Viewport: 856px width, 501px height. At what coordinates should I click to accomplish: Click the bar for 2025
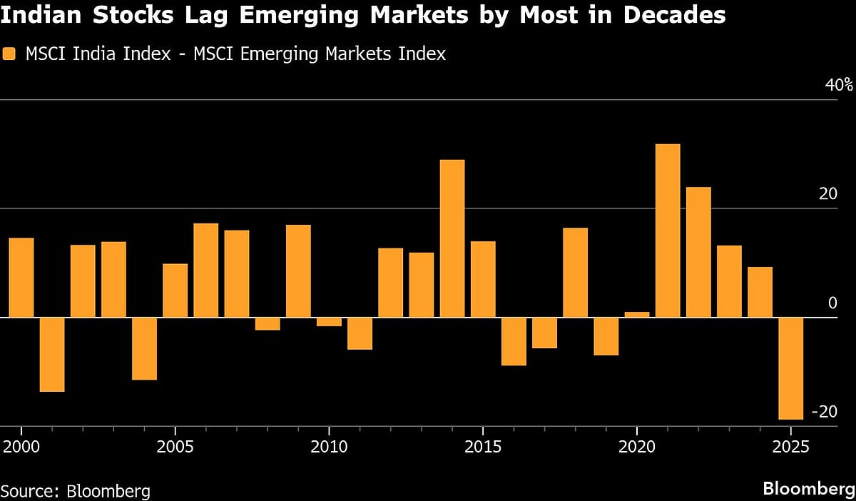coord(790,368)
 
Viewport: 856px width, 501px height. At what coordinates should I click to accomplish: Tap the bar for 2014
coord(452,238)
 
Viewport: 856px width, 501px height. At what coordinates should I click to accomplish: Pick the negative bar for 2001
coord(52,354)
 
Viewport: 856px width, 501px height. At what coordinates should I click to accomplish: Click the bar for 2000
coord(21,278)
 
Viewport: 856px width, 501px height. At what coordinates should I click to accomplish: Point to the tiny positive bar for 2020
coord(637,314)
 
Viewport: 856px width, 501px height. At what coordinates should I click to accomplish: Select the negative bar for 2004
coord(144,348)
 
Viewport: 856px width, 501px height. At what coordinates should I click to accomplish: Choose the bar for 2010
coord(329,322)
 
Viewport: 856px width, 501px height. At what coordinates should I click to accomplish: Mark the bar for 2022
coord(698,252)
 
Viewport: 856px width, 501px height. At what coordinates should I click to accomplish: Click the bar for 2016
coord(514,341)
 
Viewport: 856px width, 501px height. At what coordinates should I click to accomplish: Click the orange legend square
coord(9,54)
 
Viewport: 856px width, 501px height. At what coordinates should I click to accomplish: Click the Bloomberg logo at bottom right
coord(808,489)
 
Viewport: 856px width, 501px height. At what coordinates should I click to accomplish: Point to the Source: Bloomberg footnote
coord(75,491)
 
